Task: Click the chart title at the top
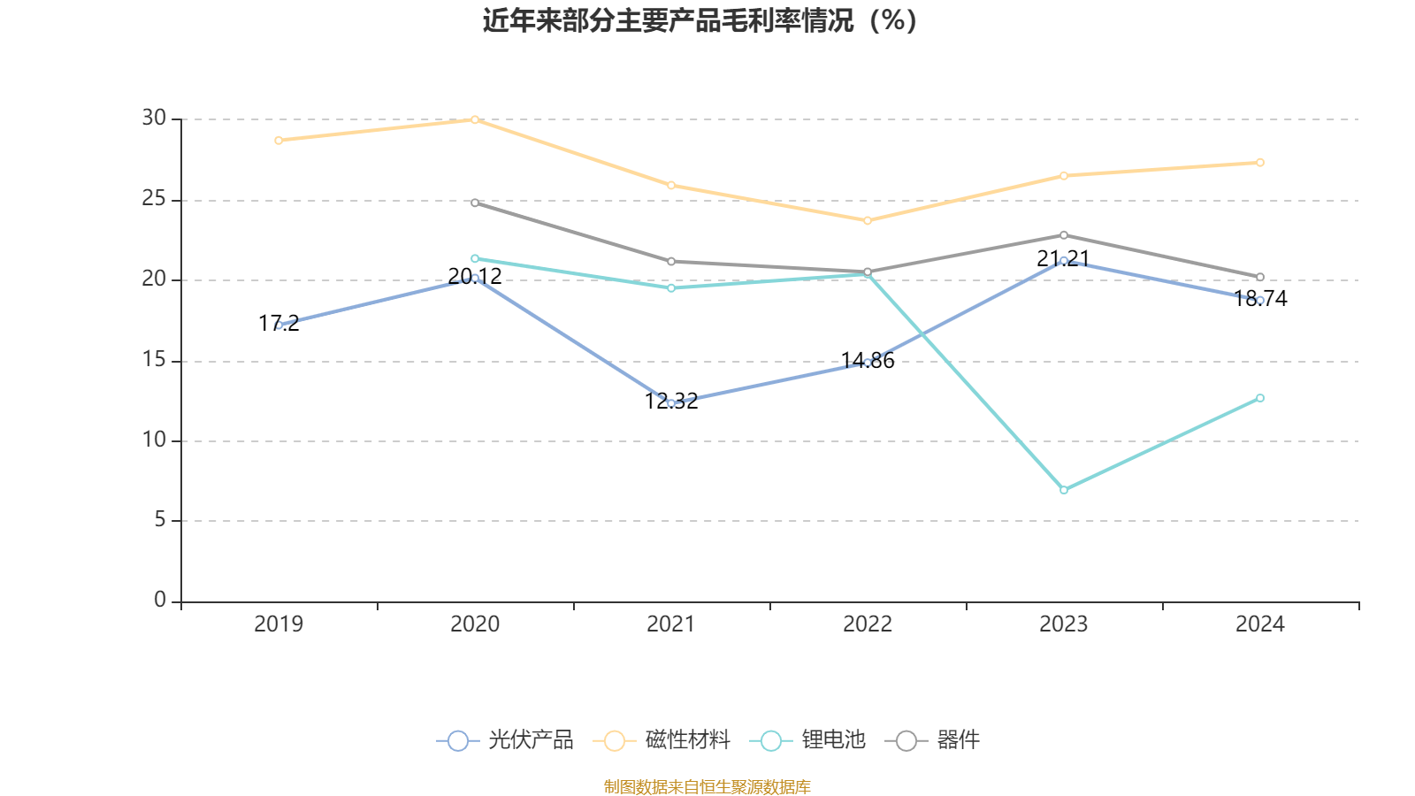(x=699, y=20)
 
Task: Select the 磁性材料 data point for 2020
(x=475, y=119)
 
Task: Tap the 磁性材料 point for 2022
(x=868, y=220)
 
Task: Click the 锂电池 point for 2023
(x=1064, y=489)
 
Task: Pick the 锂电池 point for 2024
(x=1260, y=398)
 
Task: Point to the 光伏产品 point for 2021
(x=671, y=403)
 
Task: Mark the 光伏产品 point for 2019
(x=279, y=325)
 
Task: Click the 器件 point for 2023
(x=1064, y=235)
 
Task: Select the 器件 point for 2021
(x=671, y=262)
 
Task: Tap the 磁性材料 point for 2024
(x=1260, y=163)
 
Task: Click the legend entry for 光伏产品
(x=505, y=740)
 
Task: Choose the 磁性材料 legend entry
(x=662, y=740)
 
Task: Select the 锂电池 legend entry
(x=807, y=740)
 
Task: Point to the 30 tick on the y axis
(x=154, y=118)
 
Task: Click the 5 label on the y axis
(x=160, y=520)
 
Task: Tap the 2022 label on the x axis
(x=868, y=624)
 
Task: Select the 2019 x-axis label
(x=279, y=624)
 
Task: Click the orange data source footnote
(x=707, y=786)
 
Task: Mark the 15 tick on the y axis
(x=154, y=360)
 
